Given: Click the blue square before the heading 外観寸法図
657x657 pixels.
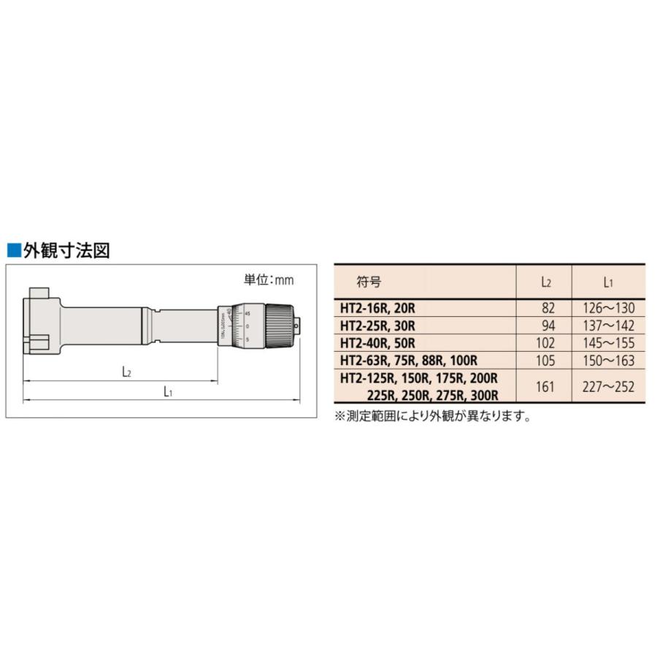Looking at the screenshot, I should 12,251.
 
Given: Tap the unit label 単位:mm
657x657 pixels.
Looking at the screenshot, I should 268,279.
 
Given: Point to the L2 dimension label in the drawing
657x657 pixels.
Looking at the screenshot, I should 126,371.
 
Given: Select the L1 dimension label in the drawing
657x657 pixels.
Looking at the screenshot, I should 168,391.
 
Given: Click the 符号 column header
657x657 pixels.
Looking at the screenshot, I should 369,280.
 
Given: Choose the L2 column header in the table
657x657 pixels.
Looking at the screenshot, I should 545,280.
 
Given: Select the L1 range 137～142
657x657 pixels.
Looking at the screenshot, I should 604,325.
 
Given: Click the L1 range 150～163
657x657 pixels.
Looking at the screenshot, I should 604,360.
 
